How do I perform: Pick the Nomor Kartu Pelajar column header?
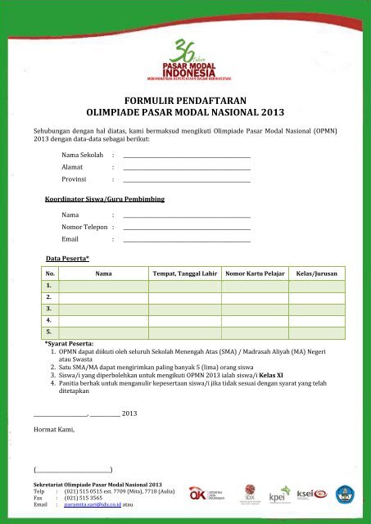pos(255,274)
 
